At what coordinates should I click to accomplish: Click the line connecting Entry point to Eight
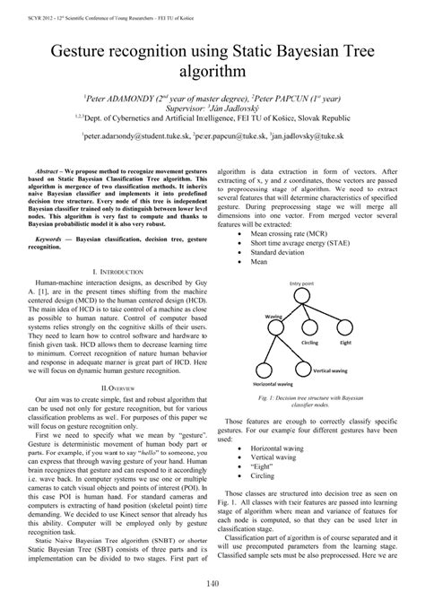click(x=326, y=312)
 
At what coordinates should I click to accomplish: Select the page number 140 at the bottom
click(x=212, y=585)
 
